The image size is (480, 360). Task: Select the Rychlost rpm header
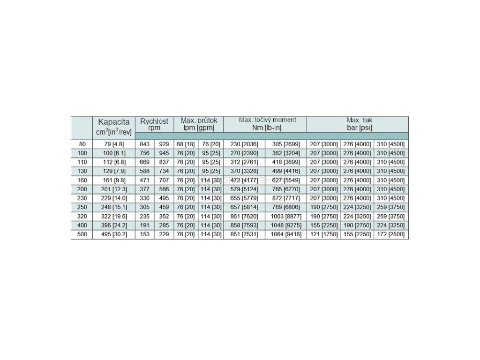pyautogui.click(x=154, y=124)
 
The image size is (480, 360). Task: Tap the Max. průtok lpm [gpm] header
pyautogui.click(x=199, y=124)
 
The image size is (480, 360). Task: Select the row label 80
pyautogui.click(x=82, y=144)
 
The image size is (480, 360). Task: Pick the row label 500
pyautogui.click(x=82, y=234)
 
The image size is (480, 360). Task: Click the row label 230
pyautogui.click(x=82, y=198)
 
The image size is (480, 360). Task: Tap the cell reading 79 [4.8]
pyautogui.click(x=114, y=144)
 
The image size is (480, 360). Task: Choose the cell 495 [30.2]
pyautogui.click(x=114, y=234)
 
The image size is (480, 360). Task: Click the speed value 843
pyautogui.click(x=145, y=144)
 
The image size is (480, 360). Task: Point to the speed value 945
pyautogui.click(x=164, y=153)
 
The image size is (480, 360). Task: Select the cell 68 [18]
pyautogui.click(x=186, y=144)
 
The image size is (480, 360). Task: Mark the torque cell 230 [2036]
pyautogui.click(x=245, y=144)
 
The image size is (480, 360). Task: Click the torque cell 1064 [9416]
pyautogui.click(x=286, y=234)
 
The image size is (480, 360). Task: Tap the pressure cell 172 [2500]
pyautogui.click(x=391, y=234)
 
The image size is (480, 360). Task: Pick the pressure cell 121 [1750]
pyautogui.click(x=323, y=234)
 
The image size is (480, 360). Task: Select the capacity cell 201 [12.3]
pyautogui.click(x=114, y=189)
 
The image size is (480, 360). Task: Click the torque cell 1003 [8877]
pyautogui.click(x=286, y=216)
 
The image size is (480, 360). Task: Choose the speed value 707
pyautogui.click(x=164, y=180)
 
